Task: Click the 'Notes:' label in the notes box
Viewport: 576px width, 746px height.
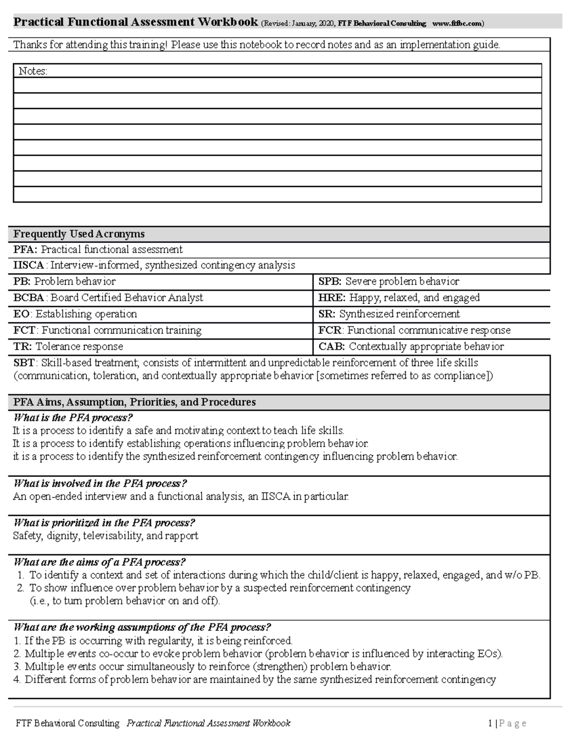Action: (33, 72)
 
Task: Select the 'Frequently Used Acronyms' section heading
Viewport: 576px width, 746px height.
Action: (79, 234)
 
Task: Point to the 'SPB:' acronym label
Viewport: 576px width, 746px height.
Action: (330, 281)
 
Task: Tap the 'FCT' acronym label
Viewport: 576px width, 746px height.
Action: (24, 330)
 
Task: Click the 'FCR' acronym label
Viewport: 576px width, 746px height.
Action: (330, 330)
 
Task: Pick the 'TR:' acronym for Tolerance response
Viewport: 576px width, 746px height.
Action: (23, 347)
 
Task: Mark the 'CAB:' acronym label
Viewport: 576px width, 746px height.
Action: (332, 347)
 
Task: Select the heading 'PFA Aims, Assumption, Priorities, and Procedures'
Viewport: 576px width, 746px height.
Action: (134, 403)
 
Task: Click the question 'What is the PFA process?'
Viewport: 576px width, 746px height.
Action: (72, 418)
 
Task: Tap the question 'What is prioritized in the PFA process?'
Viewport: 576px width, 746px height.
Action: (104, 523)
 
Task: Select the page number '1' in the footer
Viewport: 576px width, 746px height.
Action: (490, 723)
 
